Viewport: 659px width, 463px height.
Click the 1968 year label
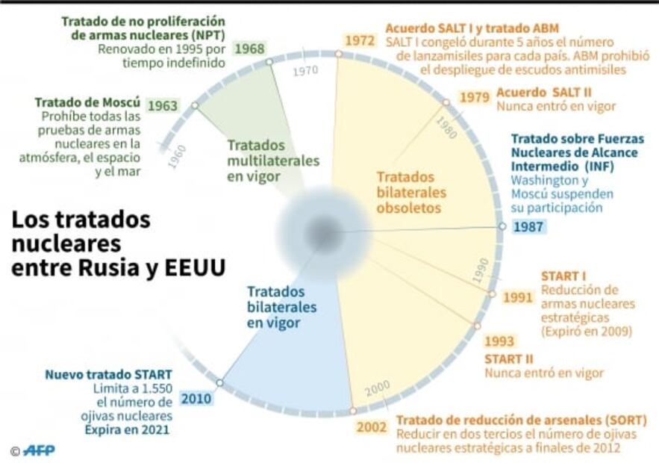pyautogui.click(x=249, y=49)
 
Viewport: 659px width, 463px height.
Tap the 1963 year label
pyautogui.click(x=162, y=105)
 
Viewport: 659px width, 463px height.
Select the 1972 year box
pyautogui.click(x=359, y=40)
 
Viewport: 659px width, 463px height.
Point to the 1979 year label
pyautogui.click(x=474, y=97)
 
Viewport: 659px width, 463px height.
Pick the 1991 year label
pyautogui.click(x=517, y=297)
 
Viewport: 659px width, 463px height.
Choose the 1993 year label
pyautogui.click(x=499, y=341)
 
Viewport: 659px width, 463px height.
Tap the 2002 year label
pyautogui.click(x=372, y=427)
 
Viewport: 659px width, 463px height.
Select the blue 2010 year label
pyautogui.click(x=196, y=398)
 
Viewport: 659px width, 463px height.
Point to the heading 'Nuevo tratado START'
pyautogui.click(x=109, y=374)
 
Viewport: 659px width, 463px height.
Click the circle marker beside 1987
pyautogui.click(x=502, y=226)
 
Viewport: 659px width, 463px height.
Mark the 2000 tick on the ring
pyautogui.click(x=378, y=387)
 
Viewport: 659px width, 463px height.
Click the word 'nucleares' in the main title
pyautogui.click(x=66, y=243)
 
